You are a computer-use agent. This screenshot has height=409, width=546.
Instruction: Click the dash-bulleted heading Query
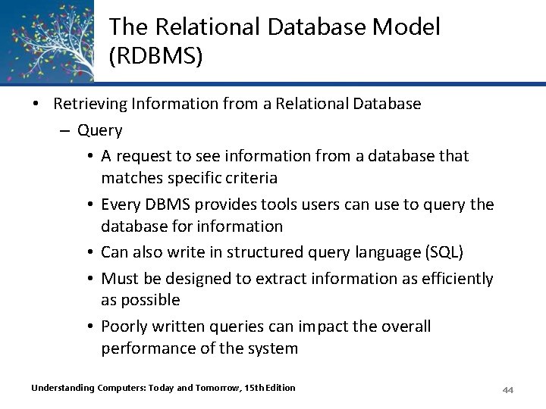tap(99, 130)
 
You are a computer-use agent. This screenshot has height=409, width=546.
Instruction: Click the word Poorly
tap(124, 326)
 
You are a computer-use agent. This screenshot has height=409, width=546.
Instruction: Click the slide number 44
tap(508, 389)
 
